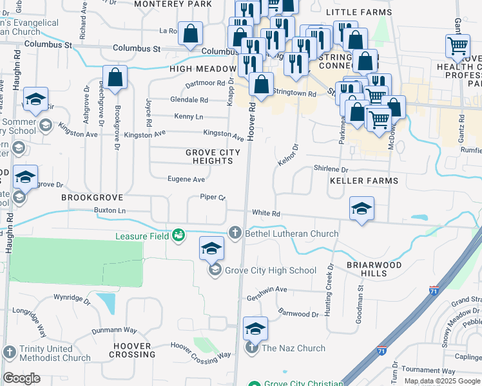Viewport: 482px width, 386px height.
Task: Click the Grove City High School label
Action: pyautogui.click(x=271, y=270)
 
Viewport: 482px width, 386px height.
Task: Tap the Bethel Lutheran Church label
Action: pyautogui.click(x=292, y=233)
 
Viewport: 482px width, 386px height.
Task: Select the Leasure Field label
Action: pyautogui.click(x=142, y=236)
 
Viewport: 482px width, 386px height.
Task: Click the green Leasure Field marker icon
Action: pyautogui.click(x=178, y=236)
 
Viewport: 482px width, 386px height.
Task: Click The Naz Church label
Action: pyautogui.click(x=293, y=349)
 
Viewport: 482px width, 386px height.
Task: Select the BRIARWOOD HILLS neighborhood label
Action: pyautogui.click(x=374, y=269)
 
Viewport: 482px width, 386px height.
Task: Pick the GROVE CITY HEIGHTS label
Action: pyautogui.click(x=213, y=156)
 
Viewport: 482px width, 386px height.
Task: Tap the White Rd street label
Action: pyautogui.click(x=266, y=213)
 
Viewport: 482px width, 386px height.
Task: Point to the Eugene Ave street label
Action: pyautogui.click(x=186, y=179)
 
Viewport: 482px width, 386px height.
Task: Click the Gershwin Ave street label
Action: pyautogui.click(x=267, y=298)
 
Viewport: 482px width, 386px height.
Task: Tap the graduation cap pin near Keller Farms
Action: pyautogui.click(x=362, y=208)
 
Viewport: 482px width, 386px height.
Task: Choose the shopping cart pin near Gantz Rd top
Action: pyautogui.click(x=458, y=46)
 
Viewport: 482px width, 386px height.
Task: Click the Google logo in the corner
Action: pyautogui.click(x=21, y=378)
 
